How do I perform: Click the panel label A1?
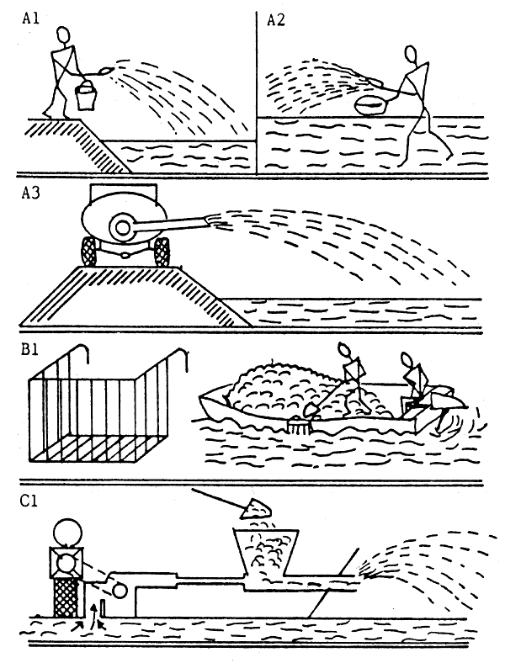pyautogui.click(x=30, y=19)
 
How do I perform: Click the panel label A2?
pyautogui.click(x=276, y=20)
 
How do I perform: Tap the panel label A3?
pyautogui.click(x=30, y=194)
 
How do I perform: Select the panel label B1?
pyautogui.click(x=30, y=351)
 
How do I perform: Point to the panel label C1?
pyautogui.click(x=29, y=501)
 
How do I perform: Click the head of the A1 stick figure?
pyautogui.click(x=63, y=35)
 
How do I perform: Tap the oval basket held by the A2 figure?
pyautogui.click(x=370, y=105)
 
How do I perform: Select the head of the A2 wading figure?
pyautogui.click(x=410, y=54)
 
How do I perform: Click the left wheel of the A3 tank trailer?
pyautogui.click(x=89, y=252)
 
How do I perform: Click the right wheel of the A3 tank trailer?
pyautogui.click(x=162, y=252)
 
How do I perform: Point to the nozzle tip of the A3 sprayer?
pyautogui.click(x=210, y=220)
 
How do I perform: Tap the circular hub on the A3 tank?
pyautogui.click(x=121, y=227)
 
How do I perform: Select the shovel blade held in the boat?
pyautogui.click(x=311, y=410)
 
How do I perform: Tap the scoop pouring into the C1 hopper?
pyautogui.click(x=256, y=509)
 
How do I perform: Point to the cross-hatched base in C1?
pyautogui.click(x=66, y=597)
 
